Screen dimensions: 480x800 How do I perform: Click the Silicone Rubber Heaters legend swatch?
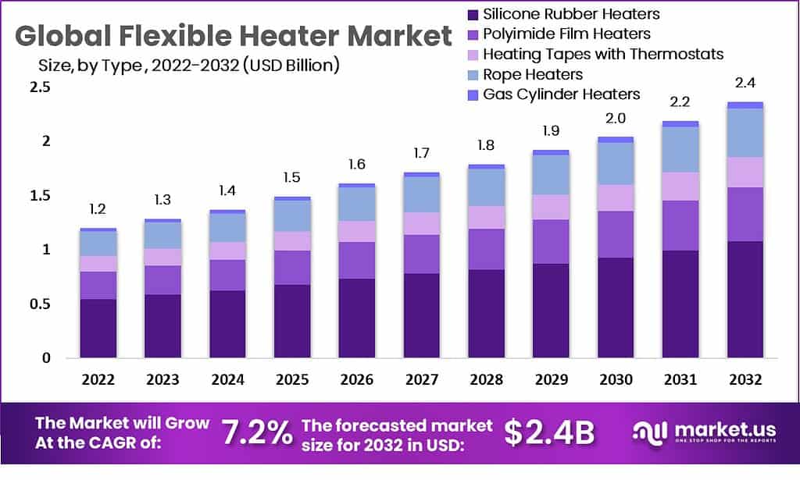point(471,15)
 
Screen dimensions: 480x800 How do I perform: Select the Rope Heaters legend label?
point(533,75)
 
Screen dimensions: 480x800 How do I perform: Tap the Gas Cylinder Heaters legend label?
point(561,94)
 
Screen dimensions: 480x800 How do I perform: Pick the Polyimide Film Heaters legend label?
point(566,34)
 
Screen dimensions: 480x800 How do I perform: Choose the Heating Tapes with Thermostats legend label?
point(603,55)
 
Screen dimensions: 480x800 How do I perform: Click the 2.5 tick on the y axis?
point(40,87)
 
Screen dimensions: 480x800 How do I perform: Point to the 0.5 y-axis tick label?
point(40,304)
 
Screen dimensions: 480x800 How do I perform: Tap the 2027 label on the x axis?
point(421,380)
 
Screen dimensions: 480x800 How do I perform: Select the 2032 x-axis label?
point(745,380)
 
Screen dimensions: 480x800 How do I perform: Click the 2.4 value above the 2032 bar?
point(745,84)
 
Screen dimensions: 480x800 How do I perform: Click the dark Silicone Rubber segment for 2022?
point(98,328)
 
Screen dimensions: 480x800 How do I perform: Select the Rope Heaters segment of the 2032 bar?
point(745,133)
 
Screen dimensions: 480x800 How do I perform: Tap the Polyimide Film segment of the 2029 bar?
point(551,241)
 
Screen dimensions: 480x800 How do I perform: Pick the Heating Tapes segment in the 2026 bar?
point(356,231)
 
